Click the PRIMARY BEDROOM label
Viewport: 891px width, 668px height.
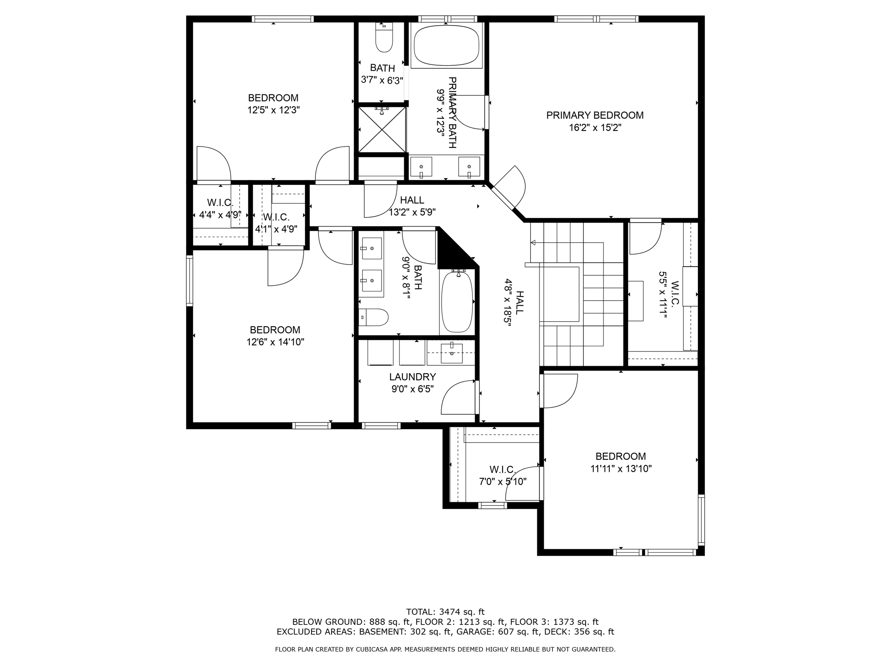point(595,115)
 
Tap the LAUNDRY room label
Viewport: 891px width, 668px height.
point(412,377)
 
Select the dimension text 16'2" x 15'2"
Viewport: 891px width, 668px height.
point(595,128)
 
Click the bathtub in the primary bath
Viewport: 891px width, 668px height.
point(446,46)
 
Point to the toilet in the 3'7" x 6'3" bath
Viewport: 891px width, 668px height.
point(384,39)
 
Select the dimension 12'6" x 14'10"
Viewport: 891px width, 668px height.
point(275,342)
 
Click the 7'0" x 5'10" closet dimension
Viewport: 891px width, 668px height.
point(502,482)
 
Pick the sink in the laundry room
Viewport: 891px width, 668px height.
point(452,353)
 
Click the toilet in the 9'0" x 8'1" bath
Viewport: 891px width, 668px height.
point(374,317)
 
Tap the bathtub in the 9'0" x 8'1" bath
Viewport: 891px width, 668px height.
point(457,302)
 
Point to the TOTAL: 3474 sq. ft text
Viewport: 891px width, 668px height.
point(445,612)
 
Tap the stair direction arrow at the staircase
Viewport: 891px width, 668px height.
point(533,242)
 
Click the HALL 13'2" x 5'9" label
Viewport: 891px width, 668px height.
point(412,206)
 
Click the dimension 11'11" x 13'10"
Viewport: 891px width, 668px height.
point(620,469)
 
